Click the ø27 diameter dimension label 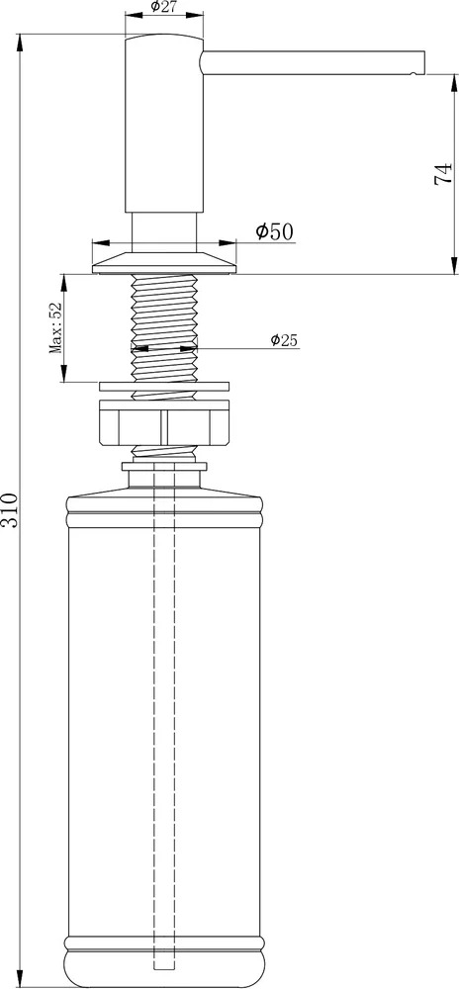click(x=163, y=7)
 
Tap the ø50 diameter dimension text click(x=274, y=231)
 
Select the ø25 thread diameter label click(x=284, y=340)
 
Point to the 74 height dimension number click(x=443, y=173)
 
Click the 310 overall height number click(x=11, y=511)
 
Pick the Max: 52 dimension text click(x=55, y=327)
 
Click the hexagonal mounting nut click(x=164, y=422)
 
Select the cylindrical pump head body click(x=164, y=124)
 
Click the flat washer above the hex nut click(x=164, y=386)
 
